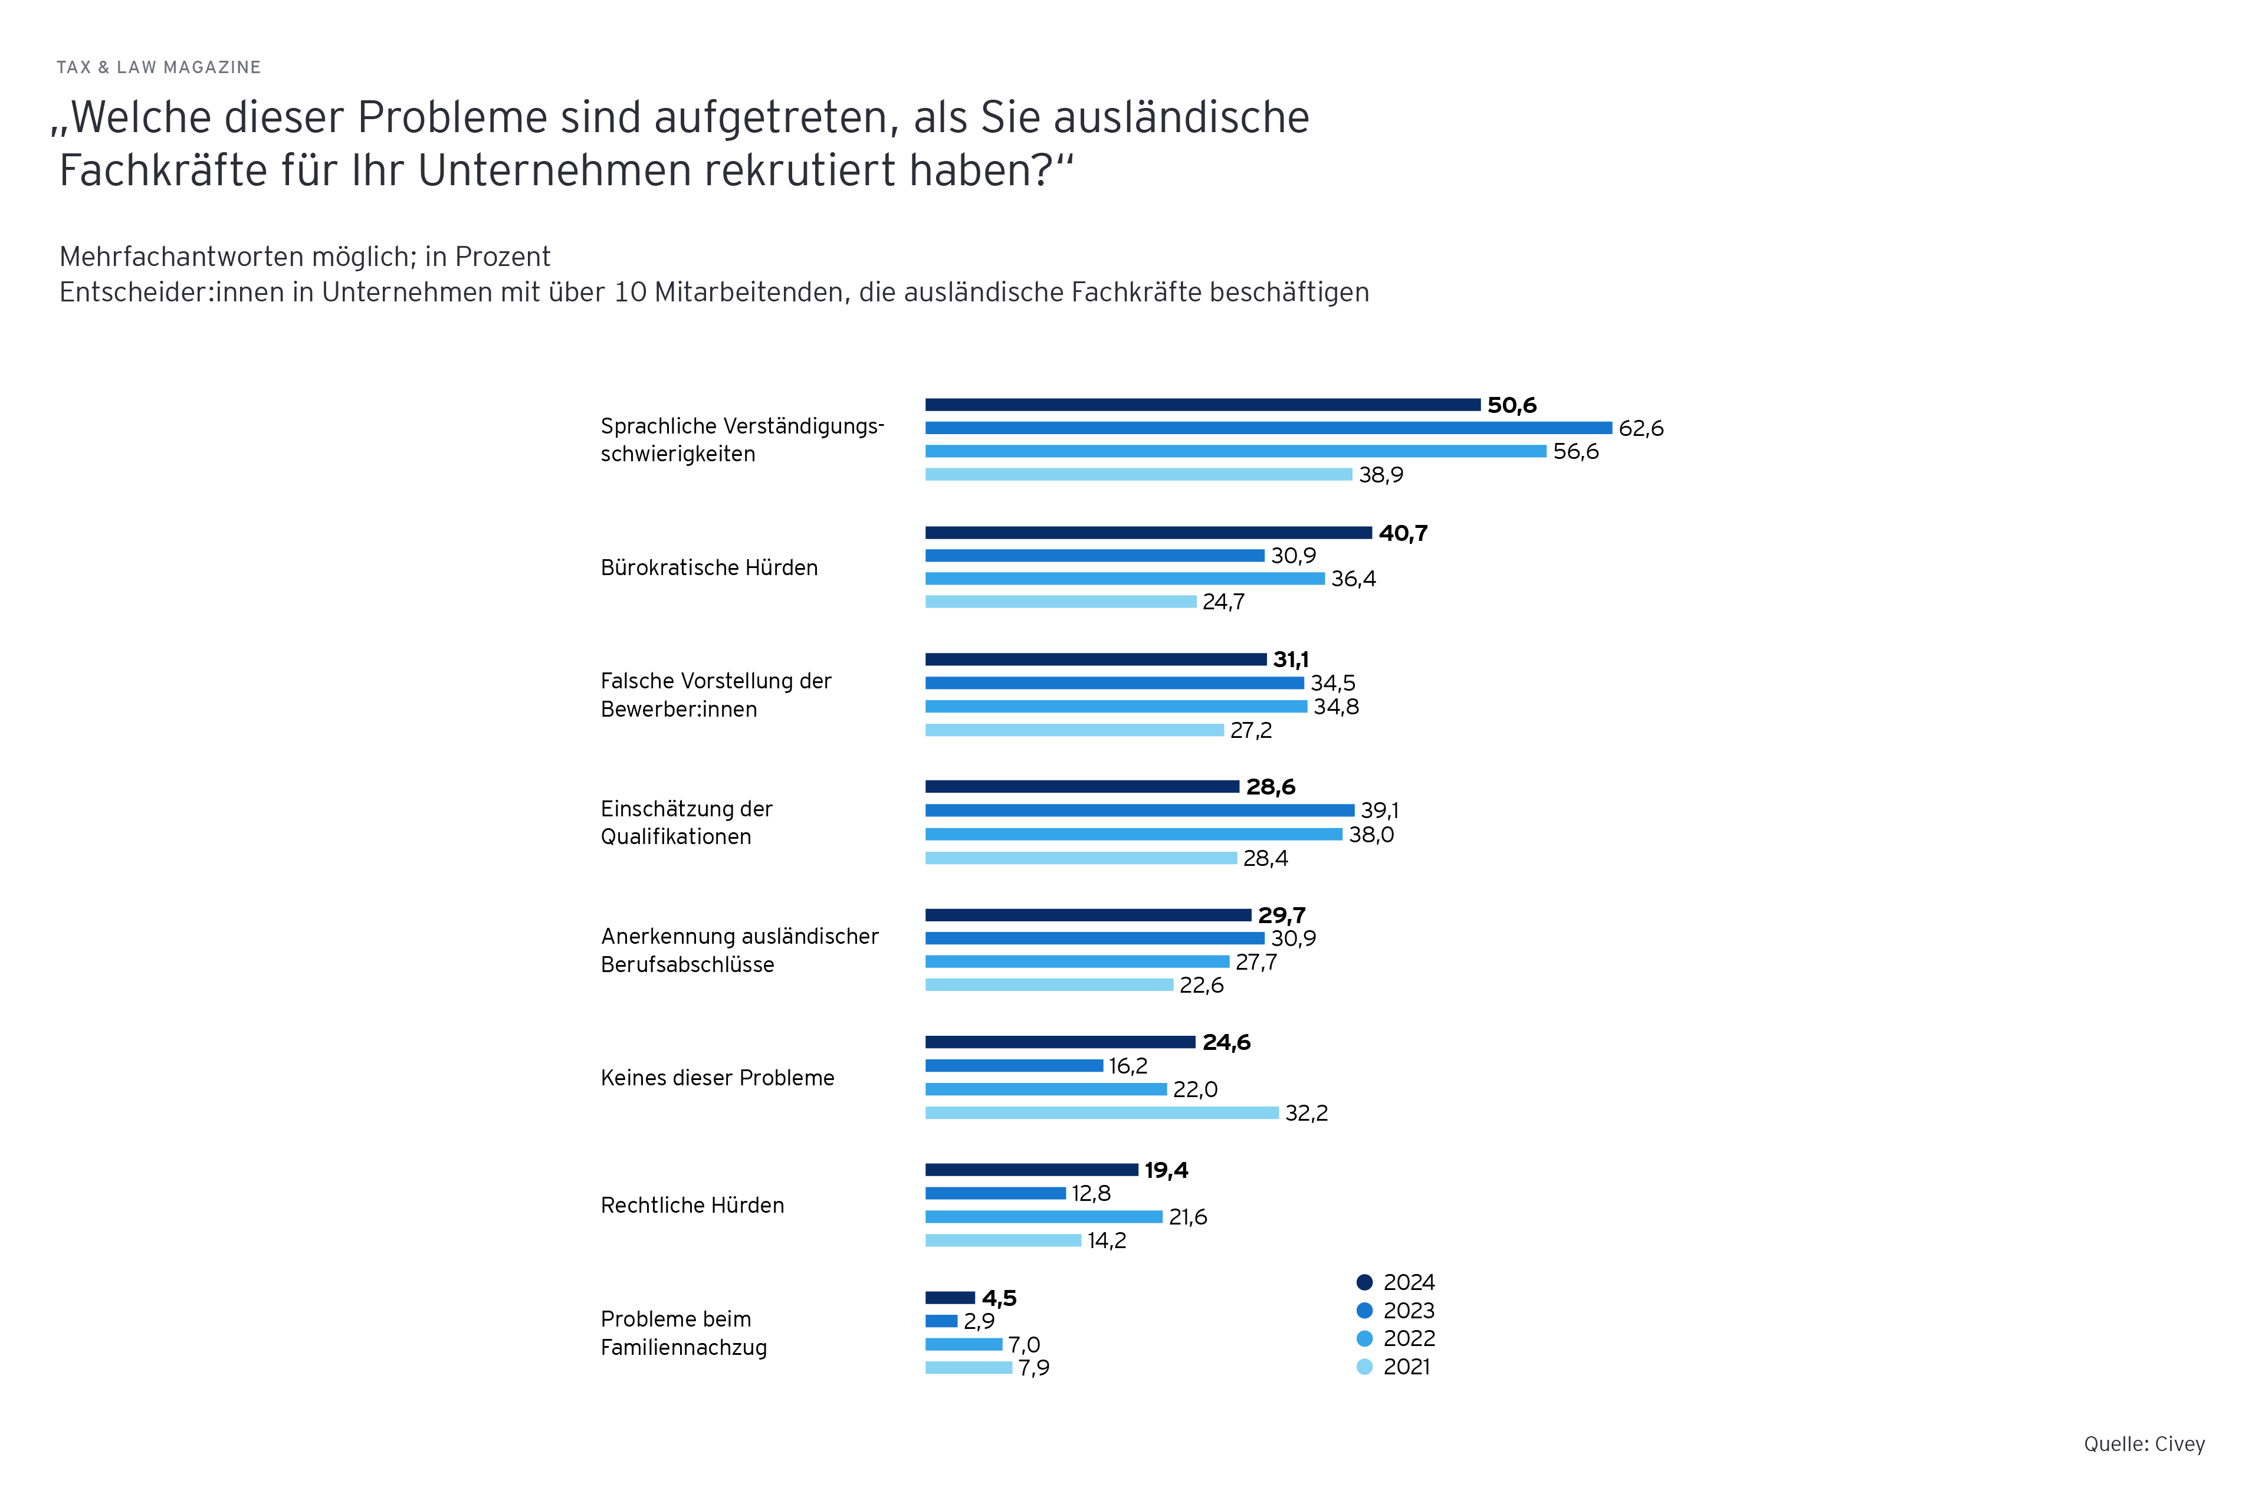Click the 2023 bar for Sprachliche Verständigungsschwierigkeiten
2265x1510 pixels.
(x=1268, y=428)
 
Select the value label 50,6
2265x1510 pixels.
(x=1511, y=405)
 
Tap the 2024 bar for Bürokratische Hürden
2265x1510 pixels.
(x=1148, y=533)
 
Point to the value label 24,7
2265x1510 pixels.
(x=1223, y=602)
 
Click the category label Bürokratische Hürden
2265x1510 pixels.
(x=709, y=567)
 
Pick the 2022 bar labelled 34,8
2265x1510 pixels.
(x=1115, y=707)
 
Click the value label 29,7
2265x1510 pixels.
(x=1281, y=915)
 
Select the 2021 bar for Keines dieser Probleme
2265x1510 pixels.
(x=1102, y=1113)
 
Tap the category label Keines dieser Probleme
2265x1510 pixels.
(x=717, y=1078)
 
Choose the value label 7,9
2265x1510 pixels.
(x=1033, y=1367)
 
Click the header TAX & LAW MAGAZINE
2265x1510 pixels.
(x=159, y=67)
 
